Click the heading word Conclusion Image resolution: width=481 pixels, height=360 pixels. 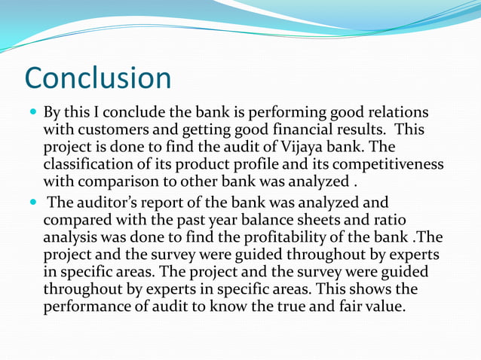(98, 78)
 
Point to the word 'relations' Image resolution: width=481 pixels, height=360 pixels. (398, 112)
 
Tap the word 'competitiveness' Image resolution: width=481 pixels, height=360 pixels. (391, 163)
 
